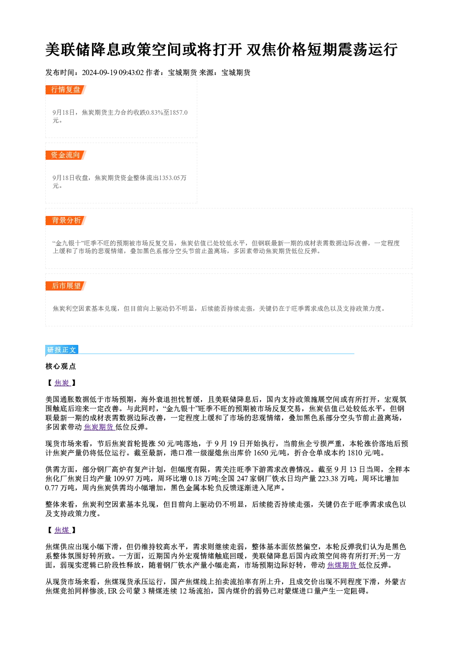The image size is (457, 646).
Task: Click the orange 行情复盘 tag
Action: [65, 90]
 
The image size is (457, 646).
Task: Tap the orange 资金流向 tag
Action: [65, 155]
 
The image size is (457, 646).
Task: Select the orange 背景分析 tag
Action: [65, 221]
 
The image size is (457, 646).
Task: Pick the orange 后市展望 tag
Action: [65, 286]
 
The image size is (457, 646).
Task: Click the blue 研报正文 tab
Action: [62, 350]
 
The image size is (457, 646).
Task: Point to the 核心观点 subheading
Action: [61, 367]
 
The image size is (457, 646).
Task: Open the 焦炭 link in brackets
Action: [62, 383]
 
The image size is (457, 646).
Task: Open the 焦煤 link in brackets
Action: [62, 530]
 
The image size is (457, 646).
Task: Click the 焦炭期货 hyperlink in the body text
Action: [99, 427]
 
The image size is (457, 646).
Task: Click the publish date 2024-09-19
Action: [100, 73]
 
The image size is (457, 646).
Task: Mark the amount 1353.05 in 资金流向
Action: [170, 178]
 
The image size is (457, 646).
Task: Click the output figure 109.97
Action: [123, 479]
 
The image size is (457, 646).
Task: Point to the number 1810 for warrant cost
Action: [355, 453]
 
